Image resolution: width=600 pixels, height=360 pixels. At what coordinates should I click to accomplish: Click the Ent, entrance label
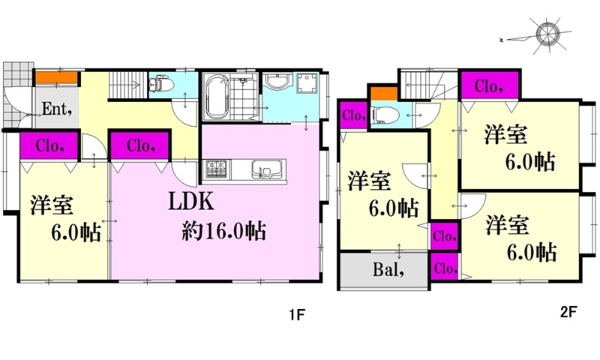[57, 109]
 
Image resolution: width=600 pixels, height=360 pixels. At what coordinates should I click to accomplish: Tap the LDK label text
[191, 202]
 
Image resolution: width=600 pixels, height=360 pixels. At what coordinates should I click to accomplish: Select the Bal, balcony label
[388, 270]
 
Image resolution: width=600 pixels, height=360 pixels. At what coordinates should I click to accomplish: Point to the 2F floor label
[568, 312]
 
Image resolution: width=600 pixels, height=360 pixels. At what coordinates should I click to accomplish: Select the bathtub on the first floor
[216, 97]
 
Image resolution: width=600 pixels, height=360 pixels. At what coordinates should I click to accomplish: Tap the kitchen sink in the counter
[267, 169]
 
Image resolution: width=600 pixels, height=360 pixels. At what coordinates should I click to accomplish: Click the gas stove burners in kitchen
[216, 169]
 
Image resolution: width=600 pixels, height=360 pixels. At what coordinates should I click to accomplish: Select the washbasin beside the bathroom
[277, 81]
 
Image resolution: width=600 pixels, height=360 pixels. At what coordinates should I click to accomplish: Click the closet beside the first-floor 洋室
[49, 145]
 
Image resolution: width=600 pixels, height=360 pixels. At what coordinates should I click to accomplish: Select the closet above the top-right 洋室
[490, 86]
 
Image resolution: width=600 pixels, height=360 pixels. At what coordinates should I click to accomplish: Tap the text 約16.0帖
[223, 230]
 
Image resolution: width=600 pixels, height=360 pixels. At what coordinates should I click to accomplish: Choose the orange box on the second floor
[383, 93]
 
